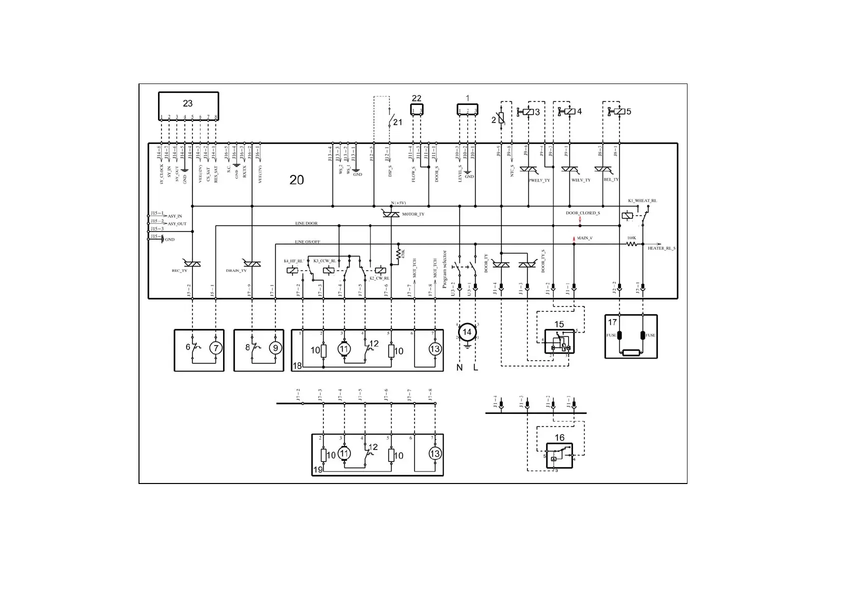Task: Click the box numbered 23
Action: (x=188, y=104)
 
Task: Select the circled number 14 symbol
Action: (x=467, y=332)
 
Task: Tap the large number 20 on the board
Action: (x=296, y=180)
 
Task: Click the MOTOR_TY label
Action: (x=413, y=214)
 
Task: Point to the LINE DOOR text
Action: (x=306, y=223)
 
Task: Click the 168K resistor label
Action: (x=631, y=238)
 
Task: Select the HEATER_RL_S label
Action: (x=661, y=248)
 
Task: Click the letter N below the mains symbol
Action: (x=459, y=368)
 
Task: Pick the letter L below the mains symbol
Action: (x=475, y=368)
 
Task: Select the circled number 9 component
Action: (x=275, y=348)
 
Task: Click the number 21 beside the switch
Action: (x=397, y=121)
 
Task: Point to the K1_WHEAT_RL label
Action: (x=642, y=200)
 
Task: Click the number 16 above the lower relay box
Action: (x=559, y=438)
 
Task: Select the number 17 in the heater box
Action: (x=612, y=322)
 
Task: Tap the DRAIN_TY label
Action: (x=236, y=270)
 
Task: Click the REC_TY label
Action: (x=179, y=270)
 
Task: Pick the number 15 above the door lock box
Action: (x=559, y=324)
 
